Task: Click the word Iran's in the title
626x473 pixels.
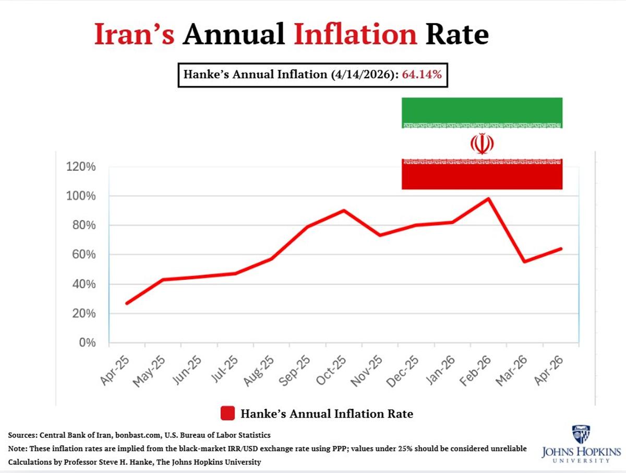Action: [x=134, y=34]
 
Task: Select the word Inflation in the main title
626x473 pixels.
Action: [x=355, y=34]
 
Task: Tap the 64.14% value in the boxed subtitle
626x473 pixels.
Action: [x=422, y=75]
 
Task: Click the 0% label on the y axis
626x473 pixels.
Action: [x=88, y=343]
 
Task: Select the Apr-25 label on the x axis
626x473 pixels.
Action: [x=116, y=371]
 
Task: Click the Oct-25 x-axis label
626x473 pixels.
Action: [x=333, y=371]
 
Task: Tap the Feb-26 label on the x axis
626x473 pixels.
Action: [x=477, y=371]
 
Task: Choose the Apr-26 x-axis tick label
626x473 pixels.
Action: [x=550, y=371]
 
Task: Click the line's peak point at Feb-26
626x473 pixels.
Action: [x=488, y=198]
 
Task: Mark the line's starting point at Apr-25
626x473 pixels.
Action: [x=127, y=303]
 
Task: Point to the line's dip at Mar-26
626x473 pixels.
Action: [x=524, y=262]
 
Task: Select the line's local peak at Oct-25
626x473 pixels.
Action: [x=344, y=210]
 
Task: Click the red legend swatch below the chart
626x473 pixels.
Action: [x=227, y=413]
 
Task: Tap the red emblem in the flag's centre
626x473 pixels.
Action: [x=481, y=144]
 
